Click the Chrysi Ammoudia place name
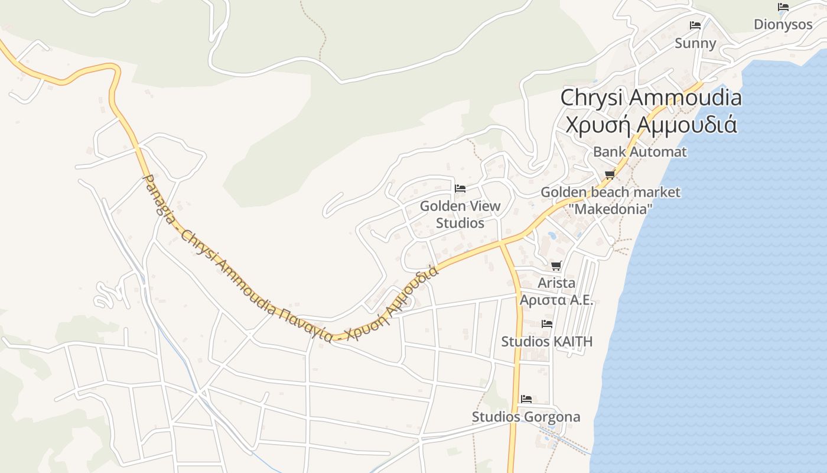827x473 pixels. [650, 98]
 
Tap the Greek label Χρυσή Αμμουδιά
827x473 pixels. [650, 125]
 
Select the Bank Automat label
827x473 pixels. [640, 152]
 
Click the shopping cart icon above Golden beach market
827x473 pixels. [610, 174]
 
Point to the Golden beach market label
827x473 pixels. [610, 192]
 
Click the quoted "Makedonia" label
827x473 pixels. [611, 209]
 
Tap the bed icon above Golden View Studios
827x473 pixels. [460, 189]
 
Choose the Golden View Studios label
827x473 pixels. [460, 215]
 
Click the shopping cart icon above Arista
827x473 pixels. [556, 265]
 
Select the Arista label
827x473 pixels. [556, 283]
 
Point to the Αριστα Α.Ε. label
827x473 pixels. [556, 300]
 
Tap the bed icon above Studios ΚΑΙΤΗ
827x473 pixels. [547, 324]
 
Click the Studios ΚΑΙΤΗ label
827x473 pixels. [546, 342]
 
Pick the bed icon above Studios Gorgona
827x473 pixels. [526, 399]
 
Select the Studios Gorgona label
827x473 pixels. [526, 417]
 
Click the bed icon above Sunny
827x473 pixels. [695, 25]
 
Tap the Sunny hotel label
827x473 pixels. [695, 43]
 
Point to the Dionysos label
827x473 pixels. [783, 25]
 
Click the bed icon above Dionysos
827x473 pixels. [783, 7]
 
